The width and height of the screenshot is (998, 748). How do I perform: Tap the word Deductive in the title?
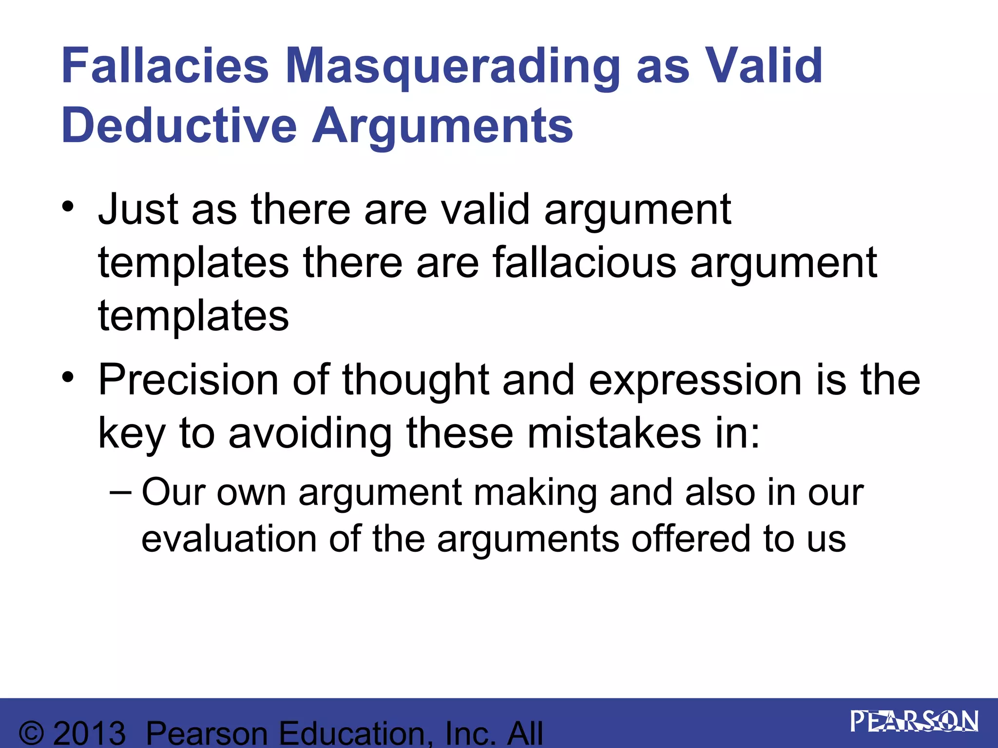point(179,126)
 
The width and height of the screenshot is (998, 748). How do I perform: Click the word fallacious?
point(584,262)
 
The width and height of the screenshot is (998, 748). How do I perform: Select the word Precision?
point(189,380)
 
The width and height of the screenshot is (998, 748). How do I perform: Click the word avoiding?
point(310,433)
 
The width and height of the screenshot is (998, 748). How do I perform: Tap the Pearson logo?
point(914,722)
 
